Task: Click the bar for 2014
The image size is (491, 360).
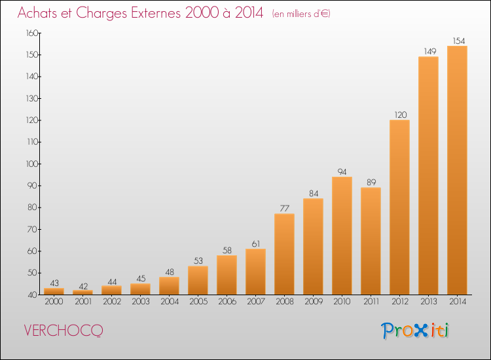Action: (457, 170)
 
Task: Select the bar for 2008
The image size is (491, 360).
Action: (284, 254)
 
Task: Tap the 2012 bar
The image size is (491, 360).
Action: (399, 207)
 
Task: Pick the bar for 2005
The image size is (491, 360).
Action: (198, 281)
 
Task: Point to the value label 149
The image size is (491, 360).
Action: (430, 51)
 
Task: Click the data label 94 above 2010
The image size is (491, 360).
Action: (342, 172)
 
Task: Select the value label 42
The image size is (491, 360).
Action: (83, 287)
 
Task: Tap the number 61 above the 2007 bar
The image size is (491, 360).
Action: (256, 244)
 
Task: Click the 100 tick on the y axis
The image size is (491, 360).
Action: (32, 164)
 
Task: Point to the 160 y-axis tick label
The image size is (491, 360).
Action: (32, 33)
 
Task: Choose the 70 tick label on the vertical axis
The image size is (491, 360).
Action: (33, 230)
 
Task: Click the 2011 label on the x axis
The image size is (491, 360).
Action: (371, 302)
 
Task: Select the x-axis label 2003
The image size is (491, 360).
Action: (141, 302)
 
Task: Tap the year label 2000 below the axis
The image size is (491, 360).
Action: (54, 302)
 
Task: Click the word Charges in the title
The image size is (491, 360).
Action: (101, 13)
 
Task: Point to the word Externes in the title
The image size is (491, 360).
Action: (156, 12)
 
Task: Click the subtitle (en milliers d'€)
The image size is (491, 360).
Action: (301, 14)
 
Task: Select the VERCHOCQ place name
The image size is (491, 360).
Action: (64, 331)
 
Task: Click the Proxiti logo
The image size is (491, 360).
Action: (415, 331)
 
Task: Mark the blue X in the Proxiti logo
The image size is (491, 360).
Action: (420, 331)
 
